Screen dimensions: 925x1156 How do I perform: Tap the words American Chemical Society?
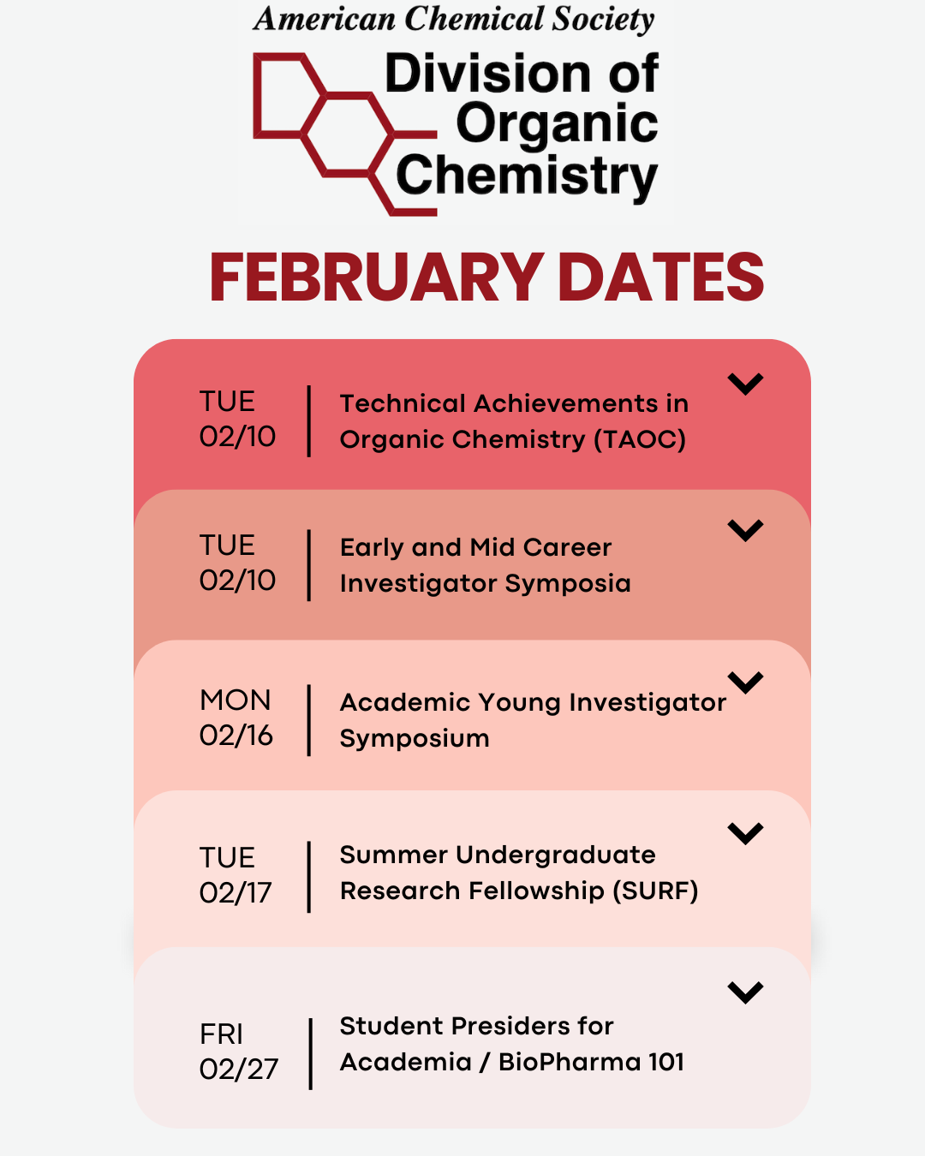(x=454, y=20)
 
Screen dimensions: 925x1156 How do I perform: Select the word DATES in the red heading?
(x=660, y=277)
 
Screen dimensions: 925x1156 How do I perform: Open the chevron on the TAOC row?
(x=745, y=384)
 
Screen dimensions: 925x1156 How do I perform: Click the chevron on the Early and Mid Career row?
(x=745, y=531)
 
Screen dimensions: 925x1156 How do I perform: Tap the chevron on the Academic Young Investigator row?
(x=745, y=682)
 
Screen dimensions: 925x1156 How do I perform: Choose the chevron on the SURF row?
(x=745, y=834)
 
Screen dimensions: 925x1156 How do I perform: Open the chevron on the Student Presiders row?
(x=745, y=992)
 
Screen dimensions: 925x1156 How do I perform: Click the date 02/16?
(x=236, y=736)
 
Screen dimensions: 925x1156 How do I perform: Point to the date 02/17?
(x=236, y=893)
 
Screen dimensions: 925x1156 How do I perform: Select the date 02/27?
(x=239, y=1069)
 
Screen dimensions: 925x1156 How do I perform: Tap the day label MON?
(x=235, y=700)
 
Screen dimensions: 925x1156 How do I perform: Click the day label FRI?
(x=221, y=1034)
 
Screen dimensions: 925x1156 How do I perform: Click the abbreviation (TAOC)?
(x=640, y=440)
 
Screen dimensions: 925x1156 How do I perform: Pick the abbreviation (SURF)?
(x=656, y=891)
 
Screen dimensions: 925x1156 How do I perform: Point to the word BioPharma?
(x=570, y=1062)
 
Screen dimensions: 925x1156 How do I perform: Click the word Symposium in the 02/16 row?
(x=415, y=739)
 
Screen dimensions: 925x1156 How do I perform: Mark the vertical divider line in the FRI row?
(x=310, y=1053)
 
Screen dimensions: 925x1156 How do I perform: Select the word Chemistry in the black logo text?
(x=527, y=176)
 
